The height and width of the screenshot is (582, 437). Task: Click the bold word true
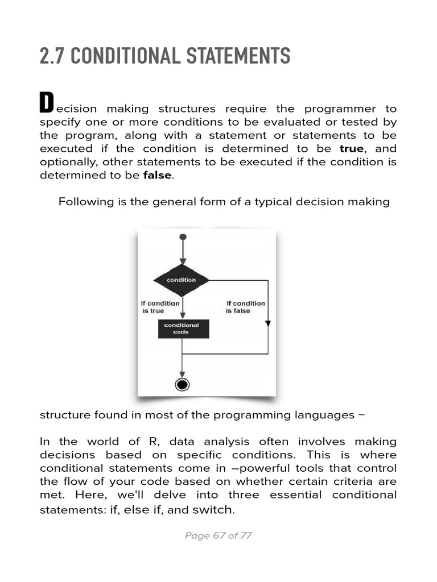[351, 148]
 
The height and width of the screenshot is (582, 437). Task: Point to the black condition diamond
[182, 280]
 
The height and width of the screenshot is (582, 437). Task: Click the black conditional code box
[183, 329]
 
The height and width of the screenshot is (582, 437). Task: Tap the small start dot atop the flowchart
[182, 236]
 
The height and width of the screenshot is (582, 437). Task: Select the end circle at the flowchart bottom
[182, 385]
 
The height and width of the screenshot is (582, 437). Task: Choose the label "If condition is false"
[245, 307]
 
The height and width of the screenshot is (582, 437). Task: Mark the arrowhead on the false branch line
[268, 323]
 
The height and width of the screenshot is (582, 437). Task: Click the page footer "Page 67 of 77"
[218, 535]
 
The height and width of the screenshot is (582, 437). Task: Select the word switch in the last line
[213, 510]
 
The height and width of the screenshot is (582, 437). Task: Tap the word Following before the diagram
[84, 202]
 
